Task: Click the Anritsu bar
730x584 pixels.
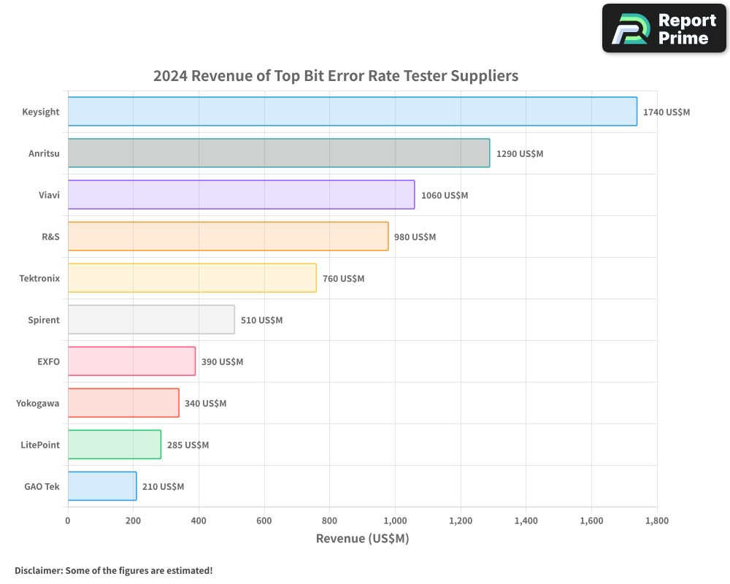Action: pyautogui.click(x=278, y=153)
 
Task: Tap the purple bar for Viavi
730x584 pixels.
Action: pyautogui.click(x=241, y=195)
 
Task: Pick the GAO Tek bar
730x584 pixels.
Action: pyautogui.click(x=102, y=486)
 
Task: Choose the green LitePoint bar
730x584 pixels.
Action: pyautogui.click(x=114, y=445)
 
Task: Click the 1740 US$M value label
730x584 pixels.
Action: pyautogui.click(x=666, y=112)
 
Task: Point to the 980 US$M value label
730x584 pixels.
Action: pyautogui.click(x=415, y=237)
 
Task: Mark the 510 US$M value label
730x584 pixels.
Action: pyautogui.click(x=261, y=320)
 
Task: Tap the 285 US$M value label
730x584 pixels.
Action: pyautogui.click(x=188, y=445)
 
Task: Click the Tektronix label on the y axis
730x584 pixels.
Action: pyautogui.click(x=39, y=278)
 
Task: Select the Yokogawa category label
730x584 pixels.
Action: pyautogui.click(x=38, y=403)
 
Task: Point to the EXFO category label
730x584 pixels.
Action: pyautogui.click(x=48, y=361)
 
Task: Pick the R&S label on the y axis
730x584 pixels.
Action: pyautogui.click(x=50, y=237)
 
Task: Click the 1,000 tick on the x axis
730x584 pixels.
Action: pyautogui.click(x=395, y=521)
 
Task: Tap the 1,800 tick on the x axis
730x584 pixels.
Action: pyautogui.click(x=656, y=521)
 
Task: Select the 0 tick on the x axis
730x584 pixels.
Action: pyautogui.click(x=68, y=521)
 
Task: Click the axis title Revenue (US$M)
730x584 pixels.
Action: pyautogui.click(x=362, y=539)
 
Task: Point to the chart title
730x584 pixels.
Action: pyautogui.click(x=336, y=76)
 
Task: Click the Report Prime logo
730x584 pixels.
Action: pyautogui.click(x=664, y=28)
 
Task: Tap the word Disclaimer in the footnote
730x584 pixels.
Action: pyautogui.click(x=38, y=570)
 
